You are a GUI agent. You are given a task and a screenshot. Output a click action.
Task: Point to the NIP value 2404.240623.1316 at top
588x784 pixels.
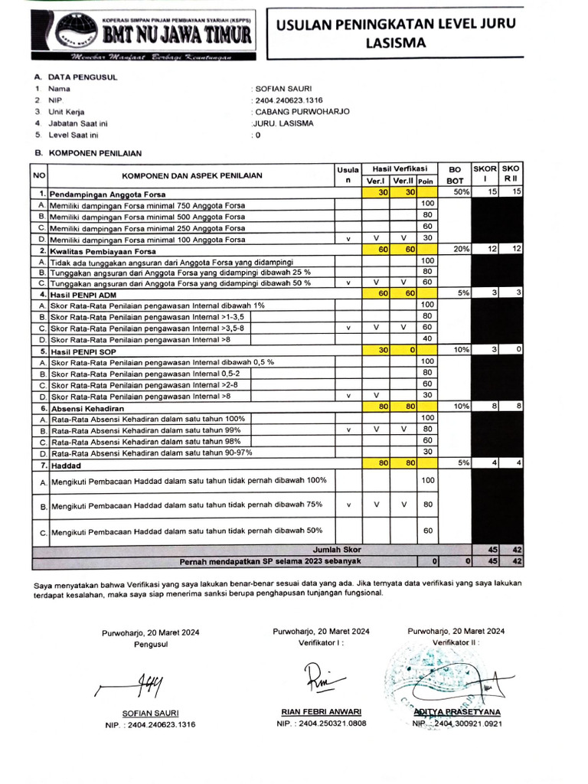[x=289, y=100]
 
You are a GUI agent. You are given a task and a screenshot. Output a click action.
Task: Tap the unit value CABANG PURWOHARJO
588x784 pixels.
[x=302, y=111]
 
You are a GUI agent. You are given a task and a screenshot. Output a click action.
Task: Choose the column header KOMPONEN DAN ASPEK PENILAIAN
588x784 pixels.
[x=191, y=175]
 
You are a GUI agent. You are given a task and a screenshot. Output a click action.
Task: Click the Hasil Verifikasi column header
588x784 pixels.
[x=400, y=168]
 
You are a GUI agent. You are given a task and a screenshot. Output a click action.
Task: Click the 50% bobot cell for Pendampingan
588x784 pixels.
[x=460, y=192]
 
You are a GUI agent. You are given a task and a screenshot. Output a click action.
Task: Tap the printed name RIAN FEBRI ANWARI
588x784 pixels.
[x=322, y=711]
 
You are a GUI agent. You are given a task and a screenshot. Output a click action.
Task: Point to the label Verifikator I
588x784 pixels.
[x=321, y=643]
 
